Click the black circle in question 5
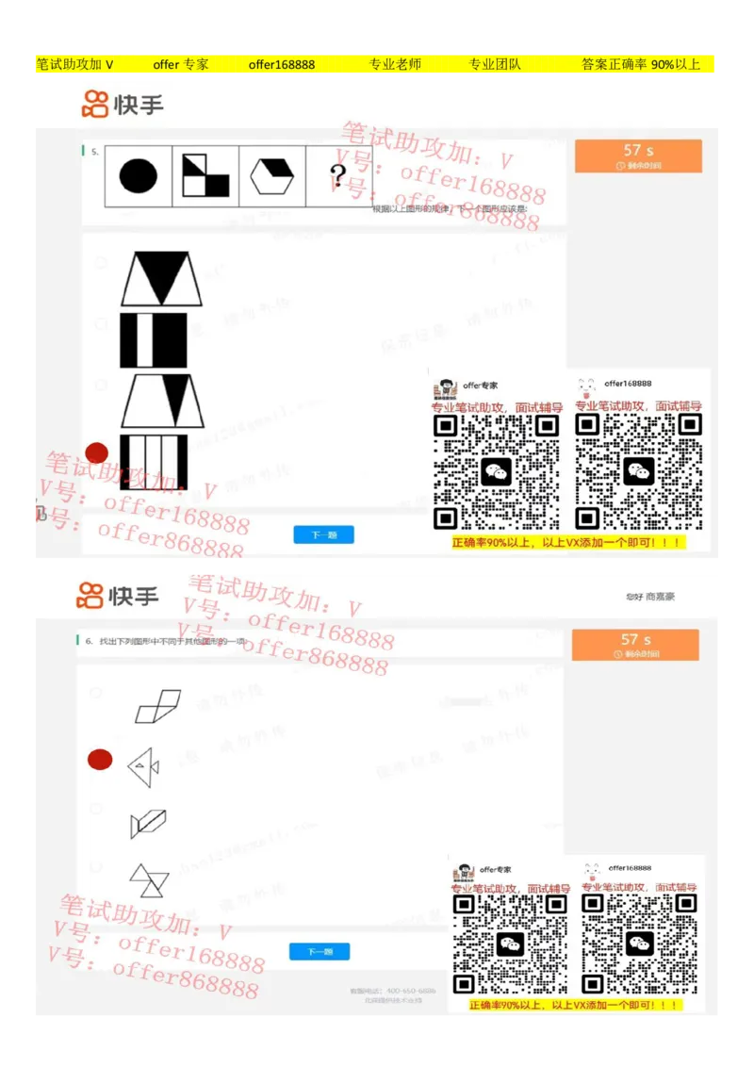139,175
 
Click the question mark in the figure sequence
338,175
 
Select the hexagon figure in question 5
272,175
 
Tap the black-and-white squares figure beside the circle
205,175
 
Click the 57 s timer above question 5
638,156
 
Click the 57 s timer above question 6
635,645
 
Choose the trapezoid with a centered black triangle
162,278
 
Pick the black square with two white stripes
154,340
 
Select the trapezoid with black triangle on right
162,401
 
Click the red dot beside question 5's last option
97,453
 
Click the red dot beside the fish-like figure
100,760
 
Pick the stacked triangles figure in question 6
149,879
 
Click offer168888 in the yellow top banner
282,64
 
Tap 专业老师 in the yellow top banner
395,64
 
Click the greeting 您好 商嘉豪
650,597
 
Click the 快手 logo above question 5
123,104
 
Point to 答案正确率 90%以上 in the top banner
641,64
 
